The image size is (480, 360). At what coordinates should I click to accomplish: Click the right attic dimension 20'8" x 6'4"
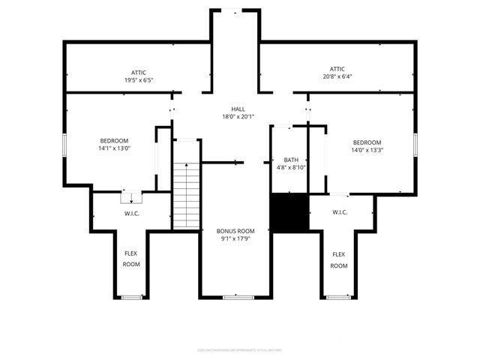tap(337, 76)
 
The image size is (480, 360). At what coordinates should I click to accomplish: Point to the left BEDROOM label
tap(115, 140)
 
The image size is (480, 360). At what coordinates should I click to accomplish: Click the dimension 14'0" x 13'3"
tap(367, 150)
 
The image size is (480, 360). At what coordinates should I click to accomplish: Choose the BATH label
tap(290, 160)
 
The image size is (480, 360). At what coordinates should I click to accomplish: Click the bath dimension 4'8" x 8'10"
tap(290, 168)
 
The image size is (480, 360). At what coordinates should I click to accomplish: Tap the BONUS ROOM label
tap(235, 231)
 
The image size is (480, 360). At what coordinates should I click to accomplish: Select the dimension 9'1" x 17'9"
tap(235, 239)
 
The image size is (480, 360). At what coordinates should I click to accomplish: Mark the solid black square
tap(289, 213)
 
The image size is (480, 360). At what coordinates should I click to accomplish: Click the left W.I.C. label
tap(132, 214)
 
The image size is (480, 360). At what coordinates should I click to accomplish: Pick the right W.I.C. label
tap(340, 212)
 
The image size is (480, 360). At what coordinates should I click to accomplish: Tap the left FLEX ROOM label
tap(131, 259)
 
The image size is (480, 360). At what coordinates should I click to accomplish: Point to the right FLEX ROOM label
tap(339, 260)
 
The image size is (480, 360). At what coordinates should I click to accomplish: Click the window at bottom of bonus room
tap(235, 298)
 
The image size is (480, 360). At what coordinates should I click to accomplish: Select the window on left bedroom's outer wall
tap(64, 145)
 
